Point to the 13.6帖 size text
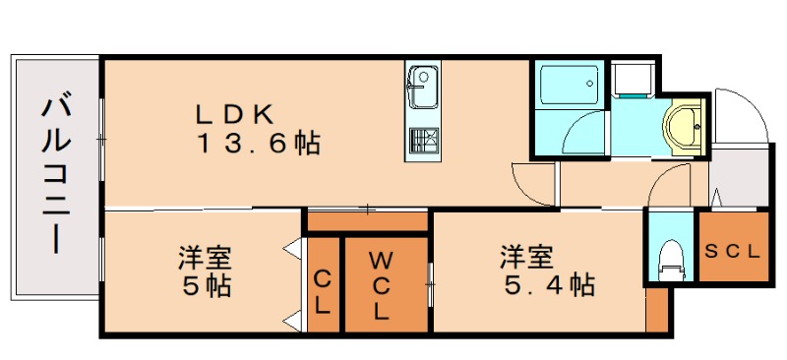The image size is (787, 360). point(258,144)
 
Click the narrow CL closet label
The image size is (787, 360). point(322,292)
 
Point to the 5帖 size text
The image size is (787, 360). point(206,286)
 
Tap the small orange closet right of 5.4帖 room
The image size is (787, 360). point(657,313)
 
